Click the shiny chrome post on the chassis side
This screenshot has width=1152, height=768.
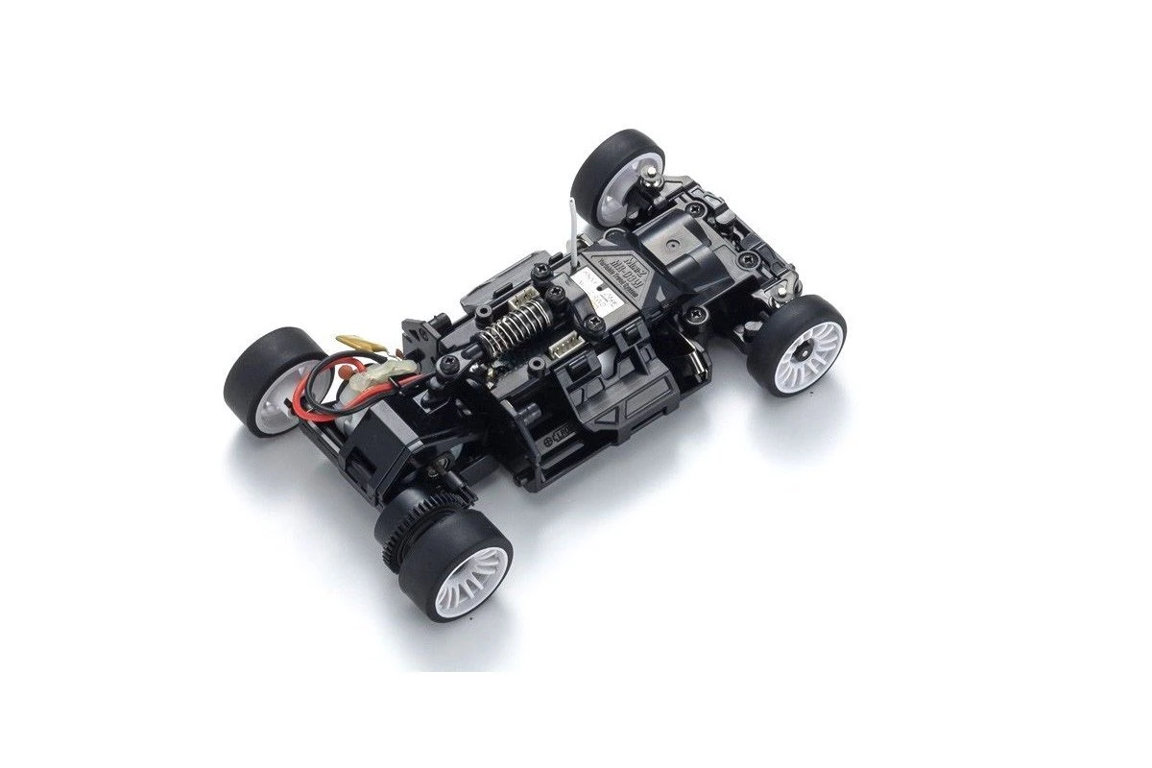point(693,366)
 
